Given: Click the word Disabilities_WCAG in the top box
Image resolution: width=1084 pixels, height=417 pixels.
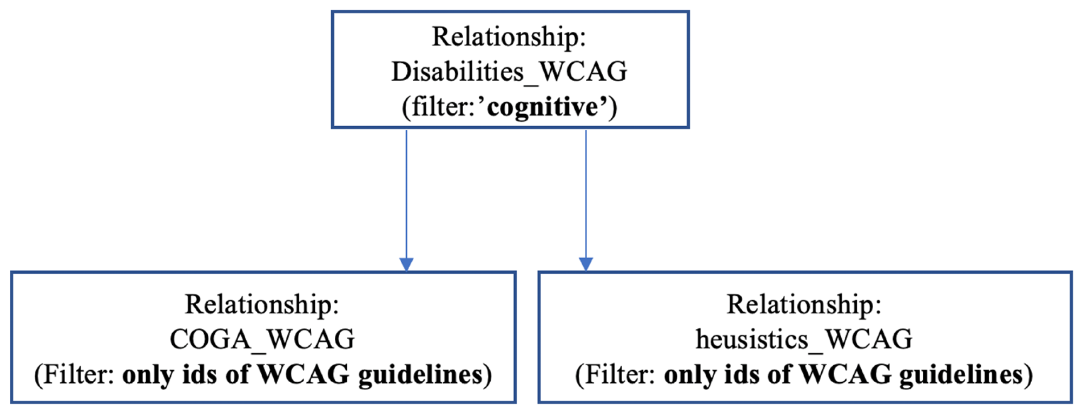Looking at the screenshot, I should [509, 72].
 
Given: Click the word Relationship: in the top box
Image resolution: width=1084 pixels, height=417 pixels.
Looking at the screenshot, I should [509, 37].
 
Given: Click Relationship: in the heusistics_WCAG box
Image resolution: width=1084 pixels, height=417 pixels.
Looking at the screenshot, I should [804, 304].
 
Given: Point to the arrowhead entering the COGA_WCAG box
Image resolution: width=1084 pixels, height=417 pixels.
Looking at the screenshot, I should [406, 264].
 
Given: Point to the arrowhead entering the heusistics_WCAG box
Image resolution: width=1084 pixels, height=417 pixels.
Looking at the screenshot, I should [586, 264].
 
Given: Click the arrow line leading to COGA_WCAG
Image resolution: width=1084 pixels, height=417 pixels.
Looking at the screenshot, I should [406, 193].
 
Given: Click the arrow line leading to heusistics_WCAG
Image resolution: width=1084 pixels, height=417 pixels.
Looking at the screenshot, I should [586, 193].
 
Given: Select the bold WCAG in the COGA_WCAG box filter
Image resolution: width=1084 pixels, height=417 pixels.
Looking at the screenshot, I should [303, 374].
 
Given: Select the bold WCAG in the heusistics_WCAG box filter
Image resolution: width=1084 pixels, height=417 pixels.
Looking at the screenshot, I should [845, 374].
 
